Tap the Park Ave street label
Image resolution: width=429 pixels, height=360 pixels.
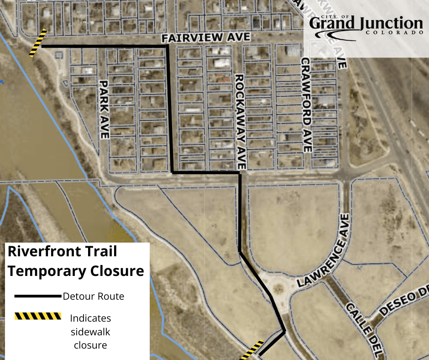coord(104,110)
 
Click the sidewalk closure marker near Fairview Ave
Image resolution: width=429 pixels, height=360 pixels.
coord(38,43)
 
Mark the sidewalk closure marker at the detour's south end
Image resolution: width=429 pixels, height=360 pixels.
coord(252,349)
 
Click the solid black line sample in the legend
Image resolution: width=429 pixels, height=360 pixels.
coord(37,296)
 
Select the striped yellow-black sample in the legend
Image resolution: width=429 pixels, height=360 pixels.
coord(37,316)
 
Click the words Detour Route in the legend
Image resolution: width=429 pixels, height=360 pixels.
coord(94,296)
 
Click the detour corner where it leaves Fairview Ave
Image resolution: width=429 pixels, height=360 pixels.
coord(167,46)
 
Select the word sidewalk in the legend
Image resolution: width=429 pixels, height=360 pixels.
coord(90,331)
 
